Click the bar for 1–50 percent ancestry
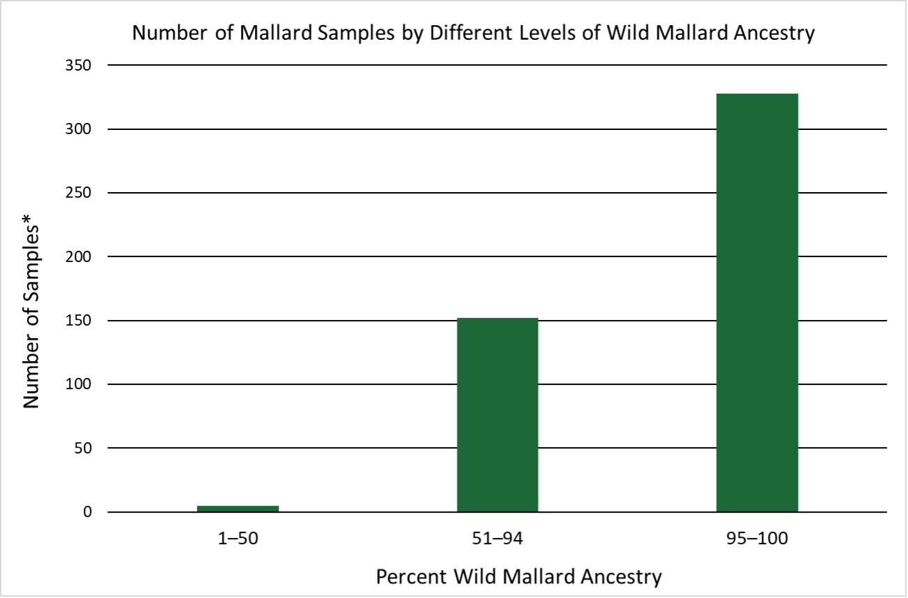[237, 509]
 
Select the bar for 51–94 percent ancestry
[497, 415]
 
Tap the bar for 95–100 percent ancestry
[757, 302]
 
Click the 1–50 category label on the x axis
[238, 539]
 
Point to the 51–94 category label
[497, 539]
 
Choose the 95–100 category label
[757, 539]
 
